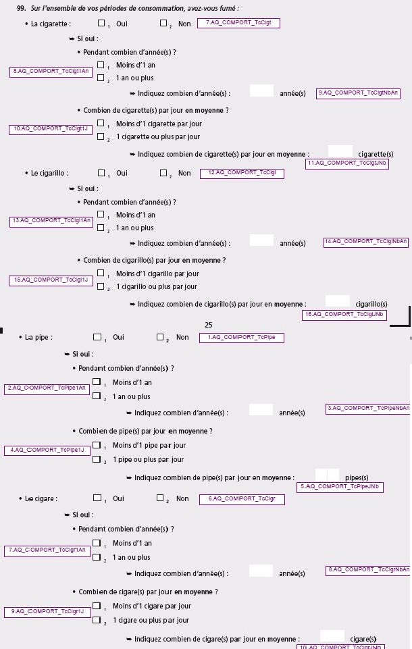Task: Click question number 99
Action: (x=21, y=8)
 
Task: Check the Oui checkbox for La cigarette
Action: (x=101, y=23)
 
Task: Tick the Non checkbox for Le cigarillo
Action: (x=163, y=173)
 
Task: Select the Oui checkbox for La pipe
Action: (x=97, y=337)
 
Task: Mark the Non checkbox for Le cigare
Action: (x=160, y=498)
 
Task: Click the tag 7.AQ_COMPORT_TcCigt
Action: (x=238, y=23)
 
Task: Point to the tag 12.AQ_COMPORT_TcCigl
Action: (x=242, y=174)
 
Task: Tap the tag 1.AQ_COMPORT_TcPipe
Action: (x=241, y=338)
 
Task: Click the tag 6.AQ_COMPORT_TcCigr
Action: (x=242, y=500)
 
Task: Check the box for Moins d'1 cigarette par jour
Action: (x=101, y=123)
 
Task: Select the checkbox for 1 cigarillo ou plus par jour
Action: (x=101, y=286)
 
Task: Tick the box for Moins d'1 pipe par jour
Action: (x=97, y=445)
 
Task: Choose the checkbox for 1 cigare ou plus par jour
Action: (x=97, y=619)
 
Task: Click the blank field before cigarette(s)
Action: (x=340, y=151)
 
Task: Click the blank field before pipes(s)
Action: (x=327, y=475)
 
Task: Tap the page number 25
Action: (x=208, y=325)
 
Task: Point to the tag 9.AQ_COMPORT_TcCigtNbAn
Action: (x=358, y=94)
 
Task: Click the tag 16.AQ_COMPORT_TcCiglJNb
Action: (x=344, y=315)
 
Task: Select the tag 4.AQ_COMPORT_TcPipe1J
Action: (x=47, y=450)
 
